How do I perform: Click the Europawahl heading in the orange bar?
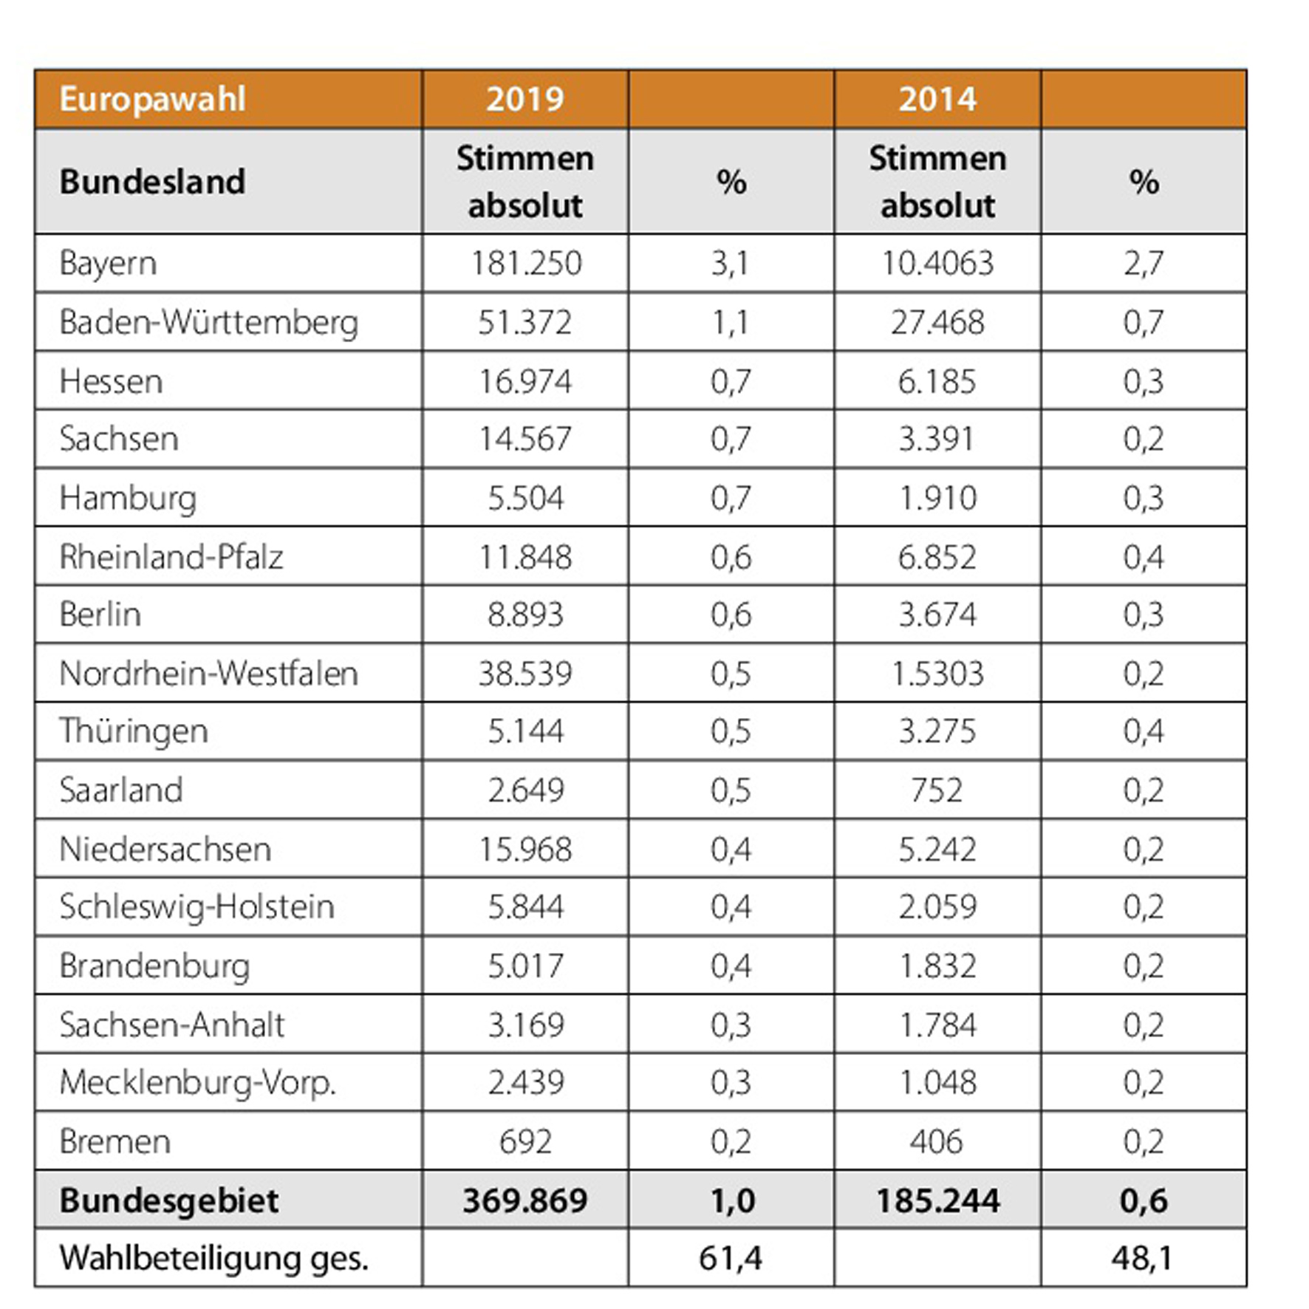pos(152,100)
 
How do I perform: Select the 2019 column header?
pos(524,99)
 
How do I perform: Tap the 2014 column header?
pos(937,99)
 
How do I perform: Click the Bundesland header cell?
pos(152,182)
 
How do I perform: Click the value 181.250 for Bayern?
pos(526,264)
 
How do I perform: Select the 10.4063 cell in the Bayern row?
pos(937,264)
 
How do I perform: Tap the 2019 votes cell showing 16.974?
pos(525,381)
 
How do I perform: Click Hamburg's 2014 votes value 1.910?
pos(937,498)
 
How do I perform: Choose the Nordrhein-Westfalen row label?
pos(208,674)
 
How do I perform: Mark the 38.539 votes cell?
pos(525,674)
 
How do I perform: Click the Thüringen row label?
pos(134,732)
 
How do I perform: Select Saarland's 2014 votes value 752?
pos(937,790)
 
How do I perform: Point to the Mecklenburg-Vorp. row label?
pos(197,1083)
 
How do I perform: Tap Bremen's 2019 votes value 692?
pos(525,1141)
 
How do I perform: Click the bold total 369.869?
pos(525,1200)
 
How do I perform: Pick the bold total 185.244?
pos(937,1200)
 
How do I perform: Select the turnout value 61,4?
pos(731,1258)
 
